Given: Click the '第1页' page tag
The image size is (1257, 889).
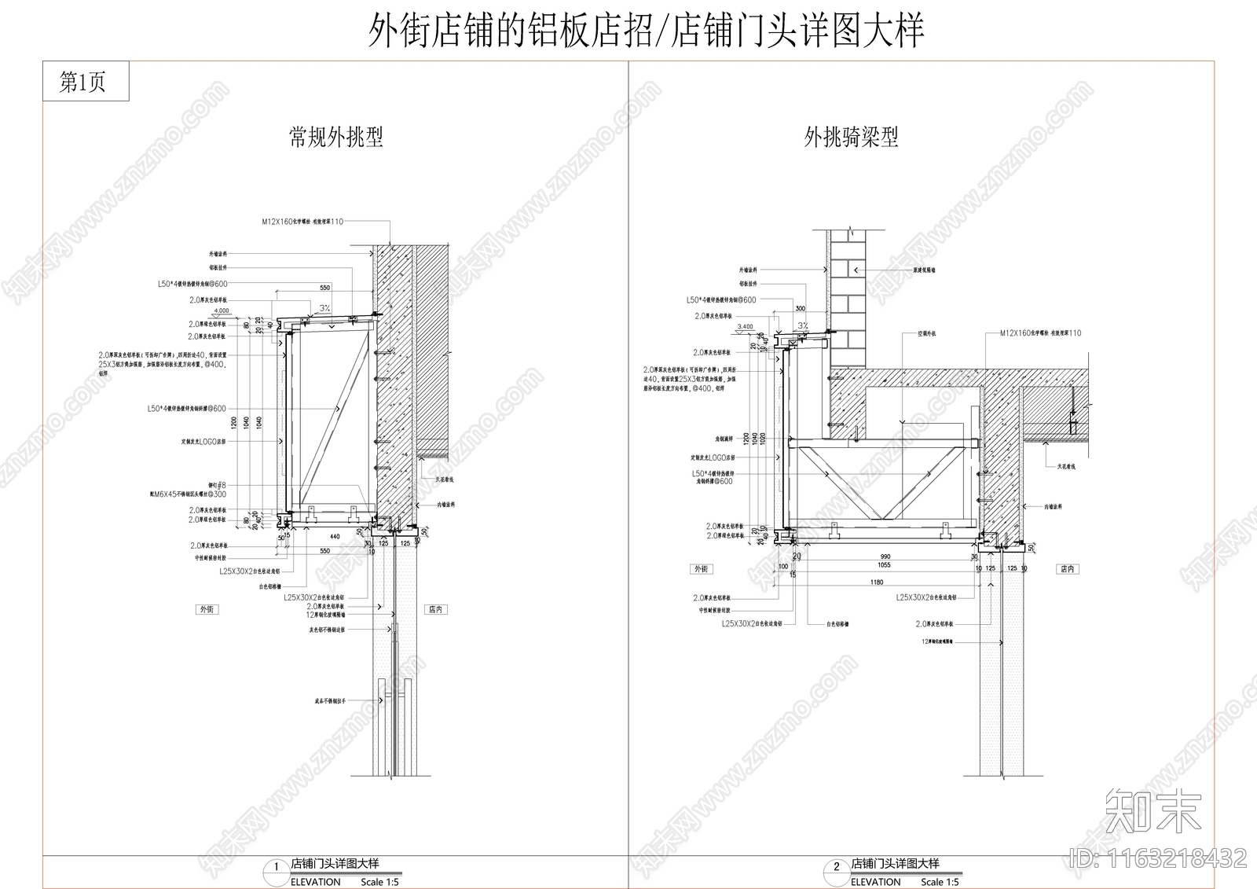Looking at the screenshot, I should (84, 82).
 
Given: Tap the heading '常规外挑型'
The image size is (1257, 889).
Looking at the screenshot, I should (336, 138).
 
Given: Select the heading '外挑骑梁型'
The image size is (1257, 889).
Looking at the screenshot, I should (851, 138).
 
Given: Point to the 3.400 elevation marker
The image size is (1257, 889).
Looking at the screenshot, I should (746, 326).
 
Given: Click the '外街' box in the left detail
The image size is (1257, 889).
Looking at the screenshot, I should (207, 609).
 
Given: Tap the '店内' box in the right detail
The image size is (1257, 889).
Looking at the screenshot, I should (1067, 568).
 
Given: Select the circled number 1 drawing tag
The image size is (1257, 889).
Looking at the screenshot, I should (276, 866).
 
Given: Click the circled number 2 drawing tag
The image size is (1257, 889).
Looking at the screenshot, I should (836, 866).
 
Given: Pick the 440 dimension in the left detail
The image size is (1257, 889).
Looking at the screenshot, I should (335, 536).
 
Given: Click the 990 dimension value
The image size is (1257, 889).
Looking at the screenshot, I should (885, 557).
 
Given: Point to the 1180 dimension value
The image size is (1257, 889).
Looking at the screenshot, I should (877, 582).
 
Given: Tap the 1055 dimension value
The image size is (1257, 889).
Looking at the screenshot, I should (884, 565).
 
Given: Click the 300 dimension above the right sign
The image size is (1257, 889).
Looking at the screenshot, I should (801, 309).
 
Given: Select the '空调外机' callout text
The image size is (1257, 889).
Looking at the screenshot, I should (927, 333).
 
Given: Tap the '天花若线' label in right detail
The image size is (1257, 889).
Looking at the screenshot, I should (1065, 467).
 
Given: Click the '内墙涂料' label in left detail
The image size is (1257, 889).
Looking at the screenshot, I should (446, 505).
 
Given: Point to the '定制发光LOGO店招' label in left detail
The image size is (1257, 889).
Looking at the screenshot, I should (203, 442).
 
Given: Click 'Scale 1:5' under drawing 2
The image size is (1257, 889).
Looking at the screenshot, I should (940, 882).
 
